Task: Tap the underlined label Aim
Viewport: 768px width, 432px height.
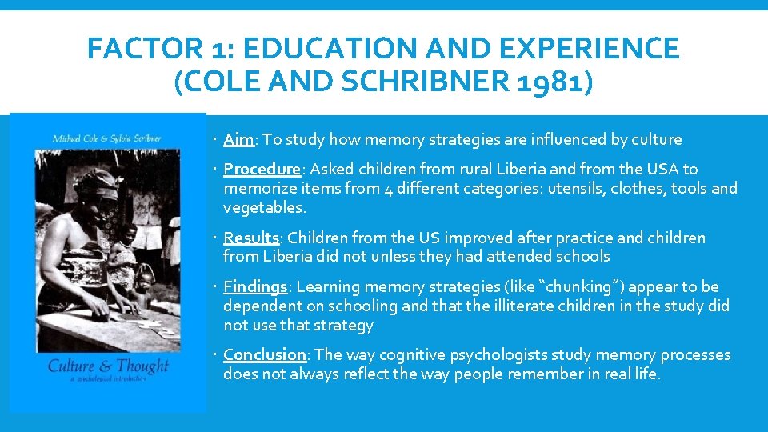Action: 238,140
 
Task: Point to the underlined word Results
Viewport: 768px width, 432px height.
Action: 251,238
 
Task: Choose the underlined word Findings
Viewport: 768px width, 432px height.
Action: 255,287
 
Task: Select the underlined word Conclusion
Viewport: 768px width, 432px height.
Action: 265,355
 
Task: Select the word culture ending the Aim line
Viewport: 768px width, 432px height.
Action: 654,140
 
